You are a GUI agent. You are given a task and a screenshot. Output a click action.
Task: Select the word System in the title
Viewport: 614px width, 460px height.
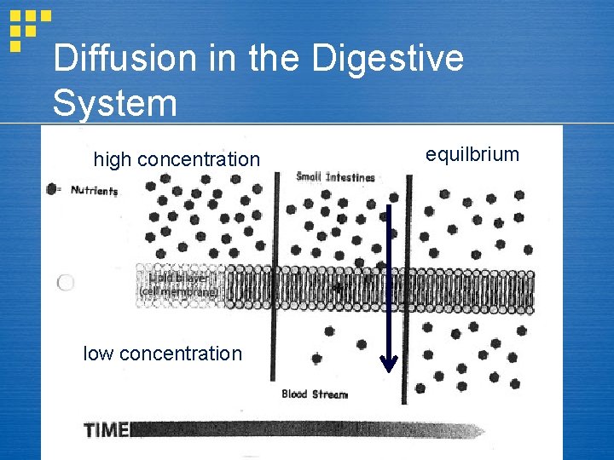click(x=114, y=103)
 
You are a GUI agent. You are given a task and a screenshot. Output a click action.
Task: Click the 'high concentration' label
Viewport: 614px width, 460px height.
click(x=177, y=159)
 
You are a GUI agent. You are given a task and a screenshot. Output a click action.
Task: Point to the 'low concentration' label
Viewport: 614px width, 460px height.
click(x=162, y=354)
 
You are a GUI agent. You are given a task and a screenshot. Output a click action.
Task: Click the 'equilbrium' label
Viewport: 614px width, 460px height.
click(x=472, y=154)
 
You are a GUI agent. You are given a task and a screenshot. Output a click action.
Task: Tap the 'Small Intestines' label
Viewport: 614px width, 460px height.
click(x=335, y=177)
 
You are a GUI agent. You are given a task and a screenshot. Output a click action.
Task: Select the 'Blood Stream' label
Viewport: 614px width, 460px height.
click(x=315, y=394)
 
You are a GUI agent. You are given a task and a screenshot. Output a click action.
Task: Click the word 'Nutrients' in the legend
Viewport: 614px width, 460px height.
click(x=94, y=191)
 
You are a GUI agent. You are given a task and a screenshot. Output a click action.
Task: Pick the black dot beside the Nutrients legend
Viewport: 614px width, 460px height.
click(x=53, y=189)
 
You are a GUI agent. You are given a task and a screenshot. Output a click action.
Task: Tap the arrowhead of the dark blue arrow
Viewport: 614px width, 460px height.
click(x=388, y=365)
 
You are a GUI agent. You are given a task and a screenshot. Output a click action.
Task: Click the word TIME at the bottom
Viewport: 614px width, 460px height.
click(x=106, y=430)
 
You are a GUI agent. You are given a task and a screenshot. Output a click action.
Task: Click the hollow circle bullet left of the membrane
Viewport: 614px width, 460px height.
click(x=66, y=283)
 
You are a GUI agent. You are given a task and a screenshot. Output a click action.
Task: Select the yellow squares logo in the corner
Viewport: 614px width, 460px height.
click(x=27, y=28)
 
